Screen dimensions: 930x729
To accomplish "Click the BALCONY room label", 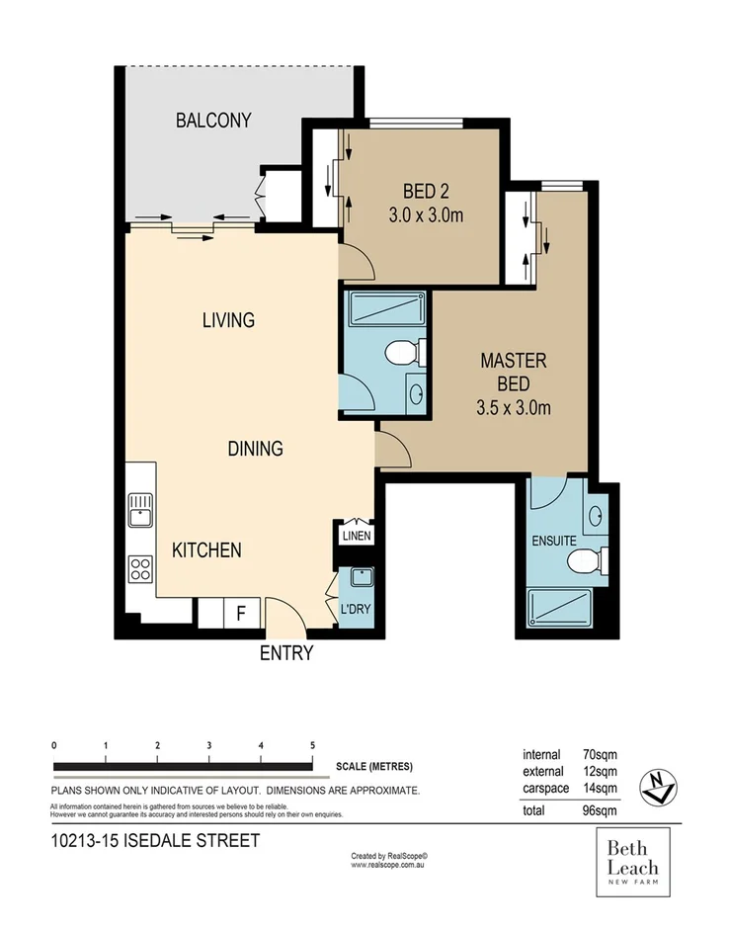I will tap(213, 121).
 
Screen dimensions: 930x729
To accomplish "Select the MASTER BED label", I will tap(513, 383).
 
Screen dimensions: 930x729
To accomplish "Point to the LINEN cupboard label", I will tap(356, 537).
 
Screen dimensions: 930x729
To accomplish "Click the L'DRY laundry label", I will tap(356, 609).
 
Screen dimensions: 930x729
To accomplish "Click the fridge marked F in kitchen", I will tap(240, 613).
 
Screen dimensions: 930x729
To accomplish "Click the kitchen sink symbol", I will tap(139, 512).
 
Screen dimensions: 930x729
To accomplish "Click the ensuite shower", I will tap(560, 604).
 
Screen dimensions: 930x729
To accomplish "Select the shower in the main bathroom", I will tap(382, 310).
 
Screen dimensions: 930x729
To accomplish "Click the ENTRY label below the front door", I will tap(286, 653).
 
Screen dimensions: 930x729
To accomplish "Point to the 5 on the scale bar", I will tap(312, 745).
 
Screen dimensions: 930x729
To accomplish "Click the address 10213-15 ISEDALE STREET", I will tap(154, 841).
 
